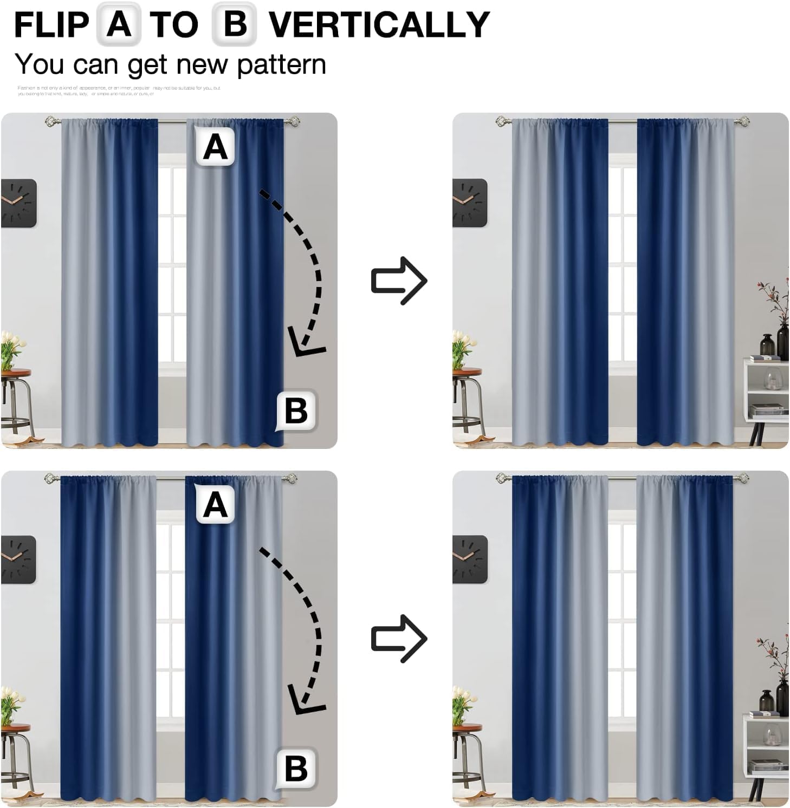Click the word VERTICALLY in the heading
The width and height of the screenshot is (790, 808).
pyautogui.click(x=379, y=25)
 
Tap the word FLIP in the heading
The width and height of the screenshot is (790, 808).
pyautogui.click(x=51, y=25)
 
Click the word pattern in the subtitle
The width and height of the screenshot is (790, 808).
pyautogui.click(x=281, y=65)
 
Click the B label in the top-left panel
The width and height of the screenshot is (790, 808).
pyautogui.click(x=296, y=410)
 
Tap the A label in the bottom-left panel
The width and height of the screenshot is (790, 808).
pyautogui.click(x=215, y=505)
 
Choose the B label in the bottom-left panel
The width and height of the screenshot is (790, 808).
pyautogui.click(x=296, y=768)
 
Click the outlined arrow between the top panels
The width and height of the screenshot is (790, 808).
pyautogui.click(x=399, y=281)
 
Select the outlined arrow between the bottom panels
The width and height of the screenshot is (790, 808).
pyautogui.click(x=399, y=638)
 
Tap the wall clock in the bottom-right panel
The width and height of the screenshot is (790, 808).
pyautogui.click(x=469, y=559)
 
